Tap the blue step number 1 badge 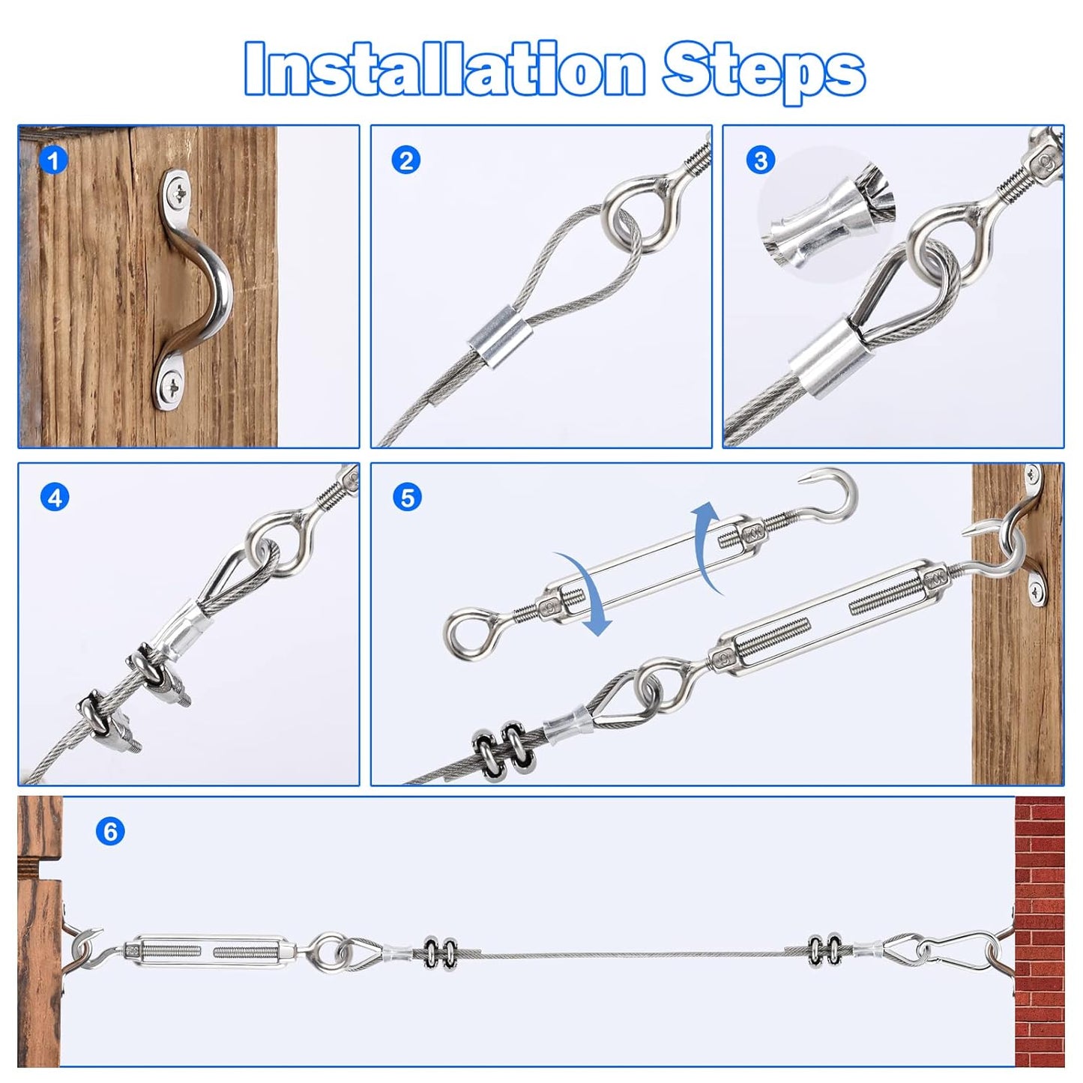tap(53, 160)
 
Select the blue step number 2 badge tap(405, 160)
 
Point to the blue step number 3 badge tap(761, 160)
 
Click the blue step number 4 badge tap(55, 497)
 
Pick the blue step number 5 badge tap(407, 497)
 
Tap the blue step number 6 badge tap(110, 831)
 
